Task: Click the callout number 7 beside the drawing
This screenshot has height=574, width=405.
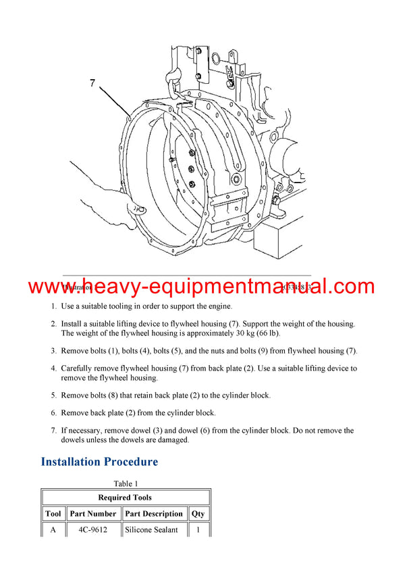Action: (x=93, y=83)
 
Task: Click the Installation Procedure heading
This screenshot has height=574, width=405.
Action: (x=99, y=462)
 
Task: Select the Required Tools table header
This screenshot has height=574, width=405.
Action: (x=125, y=498)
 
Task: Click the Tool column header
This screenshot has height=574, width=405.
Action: (x=53, y=514)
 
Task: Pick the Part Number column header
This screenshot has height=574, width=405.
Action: (x=93, y=514)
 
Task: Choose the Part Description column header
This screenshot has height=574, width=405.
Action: (x=154, y=514)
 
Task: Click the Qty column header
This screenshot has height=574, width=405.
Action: (x=198, y=514)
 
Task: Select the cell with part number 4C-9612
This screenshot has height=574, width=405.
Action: (x=93, y=530)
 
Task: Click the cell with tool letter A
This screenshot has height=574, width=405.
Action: (x=53, y=530)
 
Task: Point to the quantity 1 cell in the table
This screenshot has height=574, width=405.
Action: (x=198, y=530)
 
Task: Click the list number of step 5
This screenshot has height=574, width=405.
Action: (x=54, y=395)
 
